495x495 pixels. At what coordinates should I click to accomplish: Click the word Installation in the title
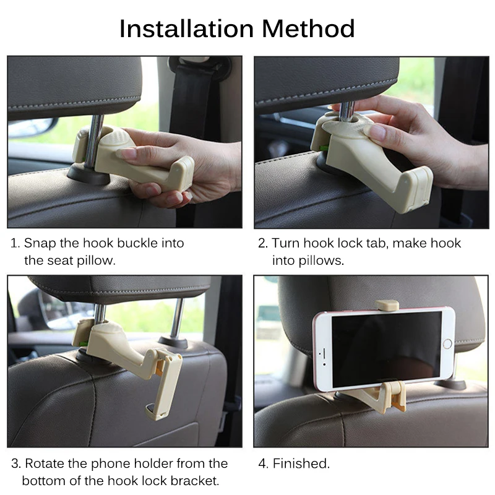(x=187, y=28)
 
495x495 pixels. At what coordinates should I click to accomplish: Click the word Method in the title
(x=308, y=28)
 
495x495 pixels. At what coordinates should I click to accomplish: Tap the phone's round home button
(x=447, y=344)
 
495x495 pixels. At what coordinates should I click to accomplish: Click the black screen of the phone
(x=387, y=349)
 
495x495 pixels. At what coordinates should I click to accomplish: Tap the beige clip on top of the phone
(x=387, y=304)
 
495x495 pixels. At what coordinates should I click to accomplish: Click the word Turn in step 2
(x=286, y=243)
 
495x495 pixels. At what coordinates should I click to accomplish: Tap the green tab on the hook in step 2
(x=324, y=148)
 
